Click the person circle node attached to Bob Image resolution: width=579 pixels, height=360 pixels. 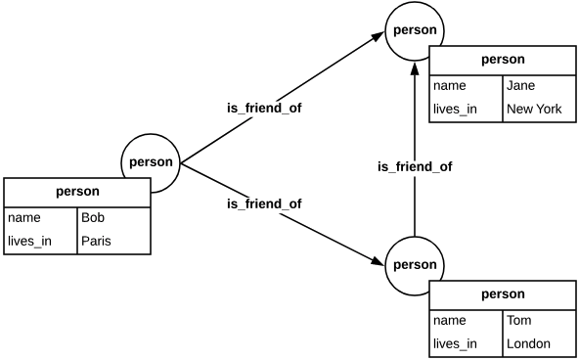(152, 162)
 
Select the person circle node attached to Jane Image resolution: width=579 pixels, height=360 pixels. (415, 30)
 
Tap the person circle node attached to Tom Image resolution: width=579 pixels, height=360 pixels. (415, 265)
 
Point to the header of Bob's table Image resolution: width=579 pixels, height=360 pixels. (77, 192)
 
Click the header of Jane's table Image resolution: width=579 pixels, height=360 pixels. (503, 59)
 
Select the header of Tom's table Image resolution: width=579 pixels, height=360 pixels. (503, 293)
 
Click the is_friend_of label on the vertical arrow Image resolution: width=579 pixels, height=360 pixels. (415, 167)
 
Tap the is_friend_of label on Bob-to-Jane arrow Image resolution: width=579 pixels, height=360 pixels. (264, 108)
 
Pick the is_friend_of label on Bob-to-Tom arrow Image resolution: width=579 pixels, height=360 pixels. (264, 203)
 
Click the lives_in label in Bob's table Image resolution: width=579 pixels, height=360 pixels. (29, 242)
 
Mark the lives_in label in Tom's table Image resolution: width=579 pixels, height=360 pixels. (455, 343)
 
